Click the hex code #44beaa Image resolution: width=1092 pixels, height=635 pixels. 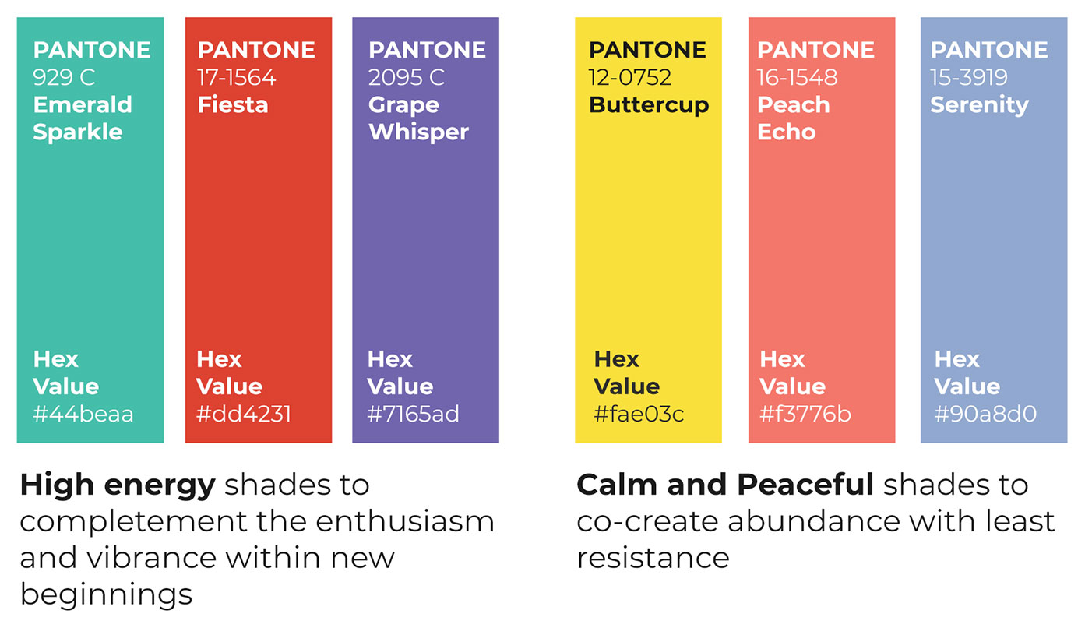(x=83, y=414)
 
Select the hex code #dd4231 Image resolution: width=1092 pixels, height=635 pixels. (x=244, y=414)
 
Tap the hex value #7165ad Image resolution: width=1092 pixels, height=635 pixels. (x=413, y=414)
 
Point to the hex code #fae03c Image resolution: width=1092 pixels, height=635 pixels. (x=639, y=414)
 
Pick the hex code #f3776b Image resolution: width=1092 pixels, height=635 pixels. (x=805, y=414)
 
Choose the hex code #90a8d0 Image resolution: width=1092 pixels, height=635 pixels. (x=985, y=414)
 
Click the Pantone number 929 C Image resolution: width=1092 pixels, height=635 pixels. (x=64, y=77)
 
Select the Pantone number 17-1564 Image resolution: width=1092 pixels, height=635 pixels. (x=237, y=77)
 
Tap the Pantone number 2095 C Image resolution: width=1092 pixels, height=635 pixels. (x=407, y=77)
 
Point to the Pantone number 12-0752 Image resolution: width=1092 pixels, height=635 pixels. (x=630, y=77)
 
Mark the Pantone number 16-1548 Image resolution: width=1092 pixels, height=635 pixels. (x=797, y=77)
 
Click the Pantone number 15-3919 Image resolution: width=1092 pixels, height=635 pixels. (x=969, y=77)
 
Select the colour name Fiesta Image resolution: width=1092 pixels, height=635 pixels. (x=233, y=105)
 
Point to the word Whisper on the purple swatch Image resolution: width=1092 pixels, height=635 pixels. (x=419, y=132)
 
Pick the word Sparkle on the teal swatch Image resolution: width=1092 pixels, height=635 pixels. (x=78, y=132)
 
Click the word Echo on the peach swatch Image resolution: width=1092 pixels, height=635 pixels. (x=787, y=132)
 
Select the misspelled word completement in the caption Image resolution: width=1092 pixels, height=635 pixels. (x=133, y=522)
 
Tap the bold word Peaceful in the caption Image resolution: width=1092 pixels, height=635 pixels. (x=805, y=485)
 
